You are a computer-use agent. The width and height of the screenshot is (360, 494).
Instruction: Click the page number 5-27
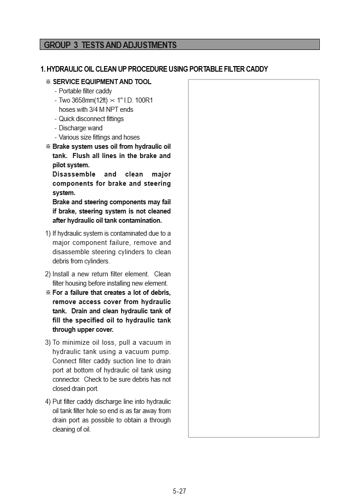point(179,491)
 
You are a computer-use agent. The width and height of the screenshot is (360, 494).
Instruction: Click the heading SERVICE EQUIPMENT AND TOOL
point(102,82)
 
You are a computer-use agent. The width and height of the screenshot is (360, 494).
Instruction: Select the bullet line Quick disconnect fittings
point(91,119)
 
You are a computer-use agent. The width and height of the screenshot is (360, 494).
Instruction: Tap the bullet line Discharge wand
point(80,128)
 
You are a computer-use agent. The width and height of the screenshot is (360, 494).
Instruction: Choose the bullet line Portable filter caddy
point(85,91)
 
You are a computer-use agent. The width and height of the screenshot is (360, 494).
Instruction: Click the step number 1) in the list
point(48,233)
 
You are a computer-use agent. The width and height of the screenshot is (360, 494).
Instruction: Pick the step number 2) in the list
point(48,274)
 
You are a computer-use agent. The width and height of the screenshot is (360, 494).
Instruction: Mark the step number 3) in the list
point(48,342)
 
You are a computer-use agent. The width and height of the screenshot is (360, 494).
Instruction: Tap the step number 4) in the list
point(48,402)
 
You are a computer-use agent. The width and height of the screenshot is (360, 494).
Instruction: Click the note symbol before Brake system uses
point(48,146)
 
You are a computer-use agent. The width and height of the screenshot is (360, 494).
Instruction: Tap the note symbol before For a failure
point(48,293)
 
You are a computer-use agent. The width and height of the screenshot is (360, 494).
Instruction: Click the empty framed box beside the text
point(253,258)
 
